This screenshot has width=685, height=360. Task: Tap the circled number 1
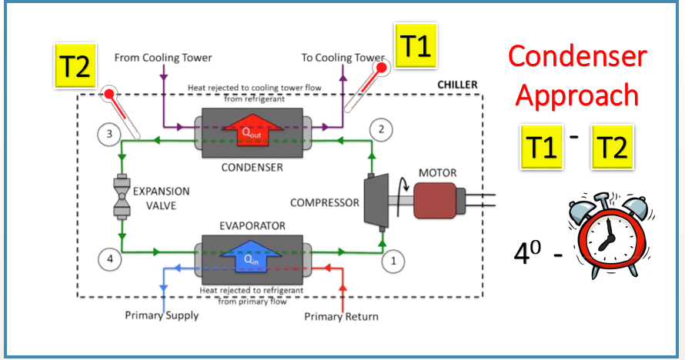click(393, 260)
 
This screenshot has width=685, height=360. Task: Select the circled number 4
click(110, 260)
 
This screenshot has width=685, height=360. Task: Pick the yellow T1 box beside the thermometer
click(416, 47)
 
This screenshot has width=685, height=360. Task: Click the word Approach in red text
click(576, 95)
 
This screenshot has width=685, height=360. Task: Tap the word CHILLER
click(457, 85)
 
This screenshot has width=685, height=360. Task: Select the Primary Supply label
click(162, 315)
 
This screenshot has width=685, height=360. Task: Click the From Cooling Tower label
click(163, 57)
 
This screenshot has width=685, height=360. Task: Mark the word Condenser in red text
click(576, 56)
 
